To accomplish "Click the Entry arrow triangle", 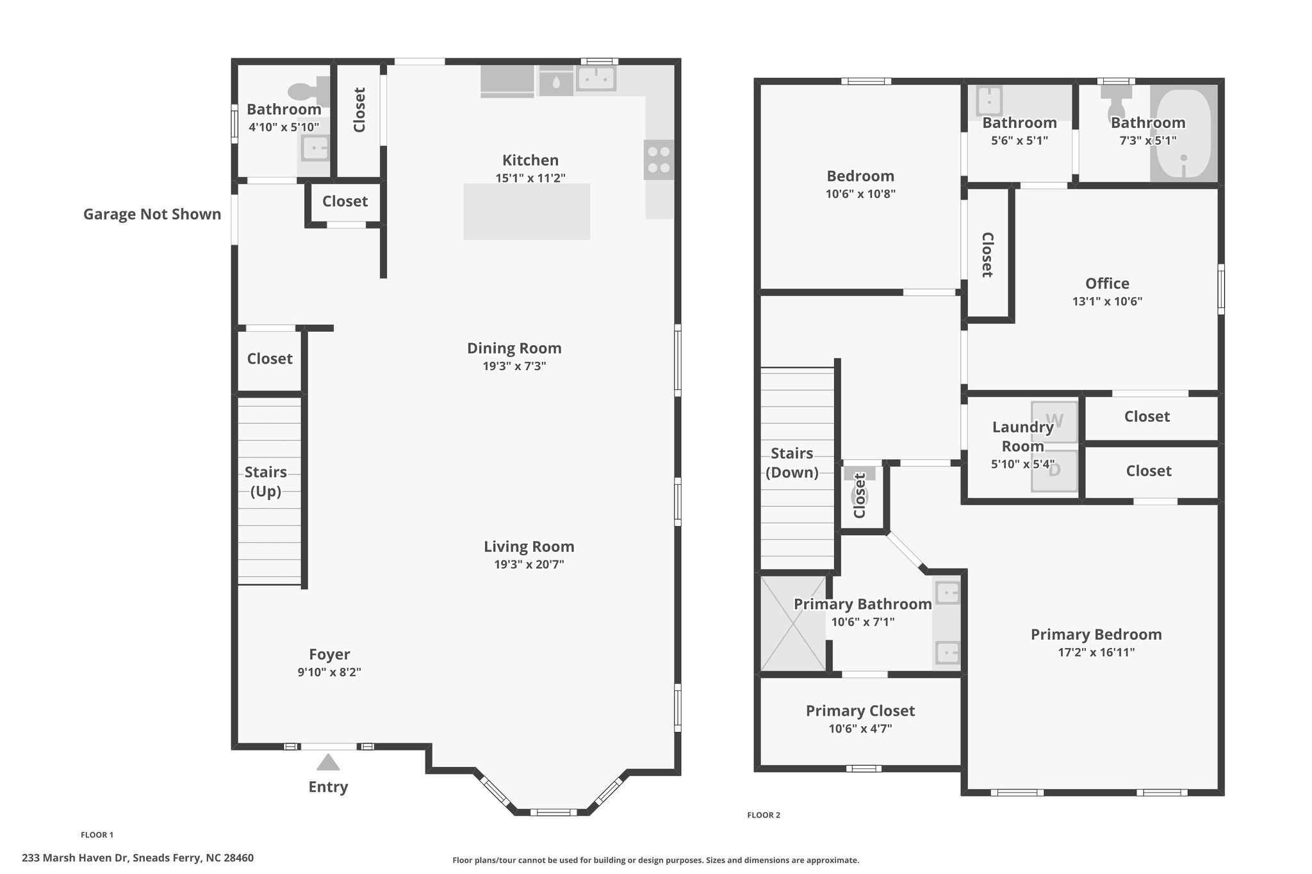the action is [328, 762].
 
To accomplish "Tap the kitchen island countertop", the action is [527, 212].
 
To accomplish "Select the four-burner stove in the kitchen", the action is [659, 159].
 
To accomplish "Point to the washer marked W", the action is [1054, 422].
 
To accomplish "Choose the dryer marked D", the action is [1054, 471].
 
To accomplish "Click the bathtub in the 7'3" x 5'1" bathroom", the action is [1184, 133].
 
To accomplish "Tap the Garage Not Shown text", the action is [152, 214].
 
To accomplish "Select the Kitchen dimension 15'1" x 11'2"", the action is [530, 178].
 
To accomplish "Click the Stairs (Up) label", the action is [266, 482].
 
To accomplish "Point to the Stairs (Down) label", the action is [792, 463].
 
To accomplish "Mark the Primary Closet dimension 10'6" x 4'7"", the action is [860, 729].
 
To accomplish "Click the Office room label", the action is [1107, 283].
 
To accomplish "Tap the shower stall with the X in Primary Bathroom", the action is [793, 623].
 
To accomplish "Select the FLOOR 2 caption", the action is [764, 815].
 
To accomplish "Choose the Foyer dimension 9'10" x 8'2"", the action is [329, 672].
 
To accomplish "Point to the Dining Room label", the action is [514, 348].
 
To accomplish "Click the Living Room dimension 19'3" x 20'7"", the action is [529, 565].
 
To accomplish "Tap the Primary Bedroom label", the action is [1096, 635].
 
